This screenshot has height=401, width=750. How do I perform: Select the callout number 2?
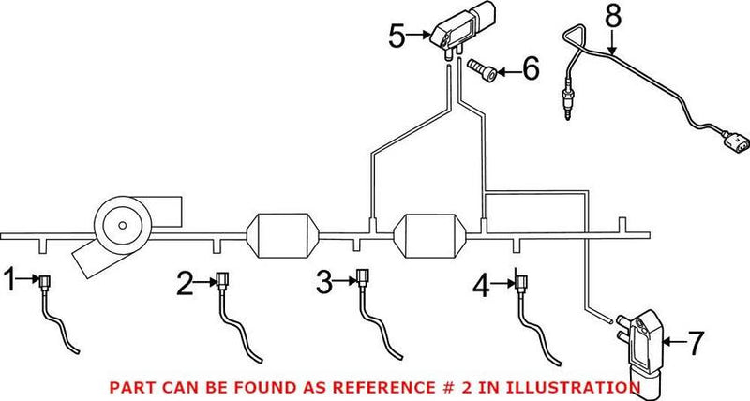click(185, 281)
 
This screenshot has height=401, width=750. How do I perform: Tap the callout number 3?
click(323, 279)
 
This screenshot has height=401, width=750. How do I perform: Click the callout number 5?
click(397, 37)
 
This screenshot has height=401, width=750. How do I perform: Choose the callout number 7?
click(694, 344)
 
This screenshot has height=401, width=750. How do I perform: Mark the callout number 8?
click(612, 16)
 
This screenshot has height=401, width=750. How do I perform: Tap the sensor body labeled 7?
click(641, 347)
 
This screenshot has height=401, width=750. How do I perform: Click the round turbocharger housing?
click(120, 223)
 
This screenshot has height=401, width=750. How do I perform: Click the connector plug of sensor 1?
click(44, 278)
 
